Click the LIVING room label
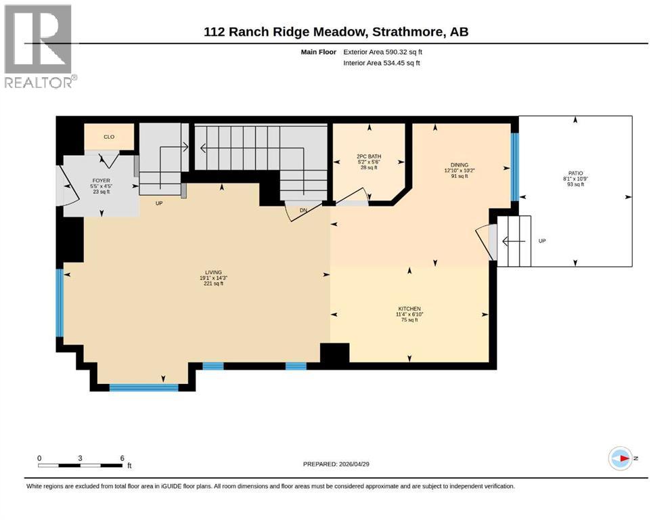(x=214, y=272)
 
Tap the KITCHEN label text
(x=409, y=308)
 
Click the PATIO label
(x=576, y=173)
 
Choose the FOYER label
(x=101, y=181)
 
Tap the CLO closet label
(x=108, y=137)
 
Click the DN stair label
(x=305, y=211)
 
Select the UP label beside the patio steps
(x=542, y=240)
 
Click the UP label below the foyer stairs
(x=159, y=202)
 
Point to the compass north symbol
(x=621, y=458)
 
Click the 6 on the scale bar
(x=122, y=458)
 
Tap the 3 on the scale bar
(x=80, y=458)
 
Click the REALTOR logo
(x=39, y=47)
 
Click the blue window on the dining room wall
(x=514, y=167)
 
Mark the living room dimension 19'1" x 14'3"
(x=214, y=278)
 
